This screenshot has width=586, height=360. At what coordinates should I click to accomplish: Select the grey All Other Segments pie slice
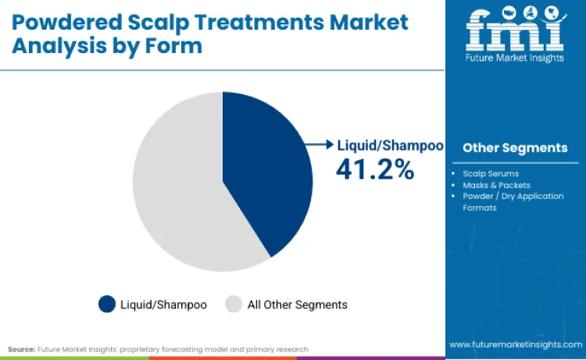[176, 187]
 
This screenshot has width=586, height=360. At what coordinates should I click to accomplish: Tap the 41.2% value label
[374, 169]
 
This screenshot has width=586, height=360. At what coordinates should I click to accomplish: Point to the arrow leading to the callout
[320, 144]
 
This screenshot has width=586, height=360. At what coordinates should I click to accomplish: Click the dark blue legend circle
[106, 304]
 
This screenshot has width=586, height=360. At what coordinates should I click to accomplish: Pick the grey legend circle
[234, 304]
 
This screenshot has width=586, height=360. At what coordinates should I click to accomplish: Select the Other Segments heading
[515, 148]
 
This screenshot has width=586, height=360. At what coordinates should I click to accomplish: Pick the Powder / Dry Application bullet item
[513, 196]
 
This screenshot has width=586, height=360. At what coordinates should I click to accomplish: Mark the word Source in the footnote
[22, 349]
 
